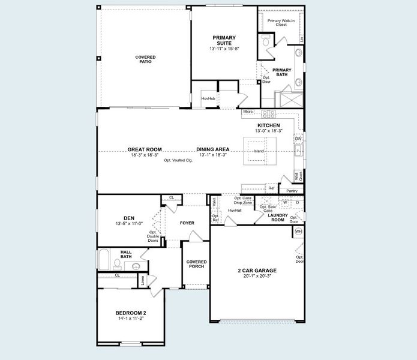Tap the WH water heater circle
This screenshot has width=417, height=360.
pyautogui.click(x=298, y=231)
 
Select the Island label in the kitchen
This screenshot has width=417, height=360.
pyautogui.click(x=259, y=151)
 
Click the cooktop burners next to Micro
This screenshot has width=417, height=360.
pyautogui.click(x=268, y=113)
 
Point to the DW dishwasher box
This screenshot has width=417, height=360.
pyautogui.click(x=298, y=139)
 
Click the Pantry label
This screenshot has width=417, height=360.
pyautogui.click(x=292, y=191)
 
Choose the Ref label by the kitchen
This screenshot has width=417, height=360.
pyautogui.click(x=271, y=188)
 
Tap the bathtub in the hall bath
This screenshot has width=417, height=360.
pyautogui.click(x=103, y=260)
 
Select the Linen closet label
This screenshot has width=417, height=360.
pyautogui.click(x=142, y=280)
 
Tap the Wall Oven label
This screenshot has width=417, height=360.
pyautogui.click(x=298, y=176)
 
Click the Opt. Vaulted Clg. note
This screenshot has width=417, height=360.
pyautogui.click(x=178, y=161)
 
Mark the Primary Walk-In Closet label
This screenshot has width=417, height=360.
pyautogui.click(x=280, y=23)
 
